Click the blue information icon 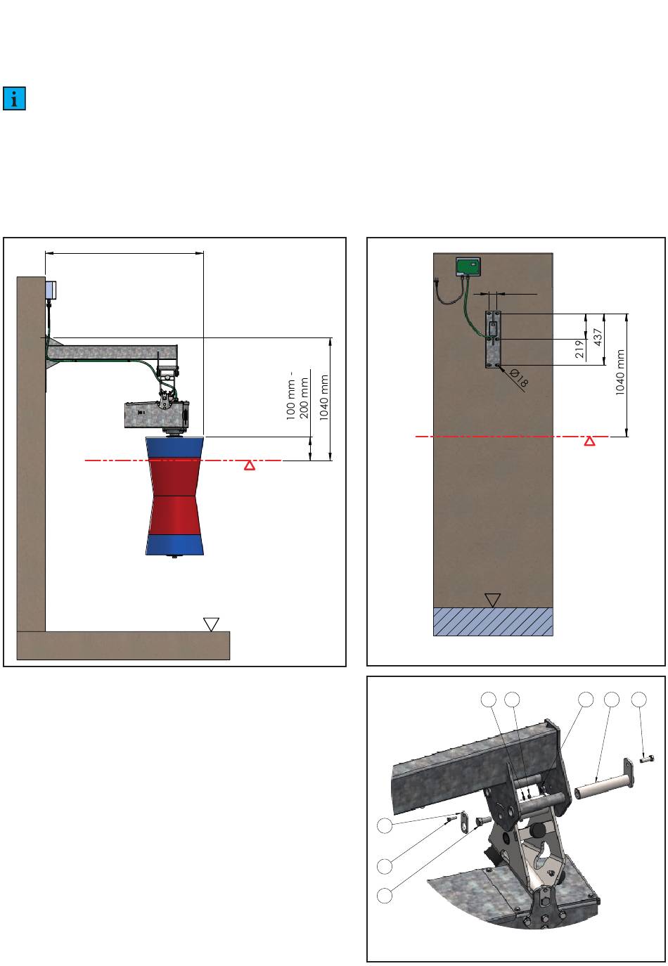(14, 98)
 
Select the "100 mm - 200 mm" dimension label (297, 394)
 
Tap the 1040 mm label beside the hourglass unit (324, 397)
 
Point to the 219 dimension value (579, 349)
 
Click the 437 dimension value (598, 337)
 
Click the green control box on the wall (468, 266)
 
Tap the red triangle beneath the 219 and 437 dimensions (589, 441)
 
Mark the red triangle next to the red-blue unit (249, 465)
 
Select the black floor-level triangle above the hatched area (492, 600)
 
